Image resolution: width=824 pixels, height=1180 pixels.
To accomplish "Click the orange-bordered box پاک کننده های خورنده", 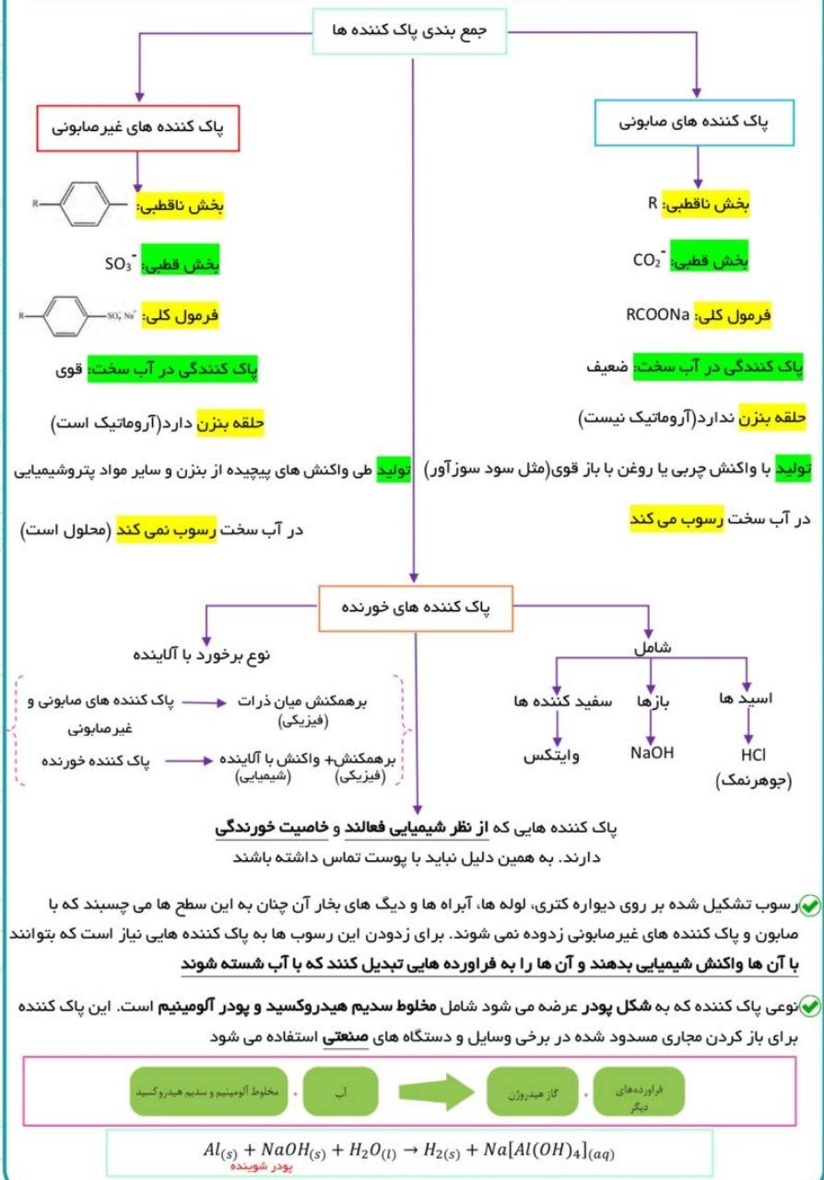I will pyautogui.click(x=416, y=609).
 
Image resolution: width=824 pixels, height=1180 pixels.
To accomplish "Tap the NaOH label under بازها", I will pyautogui.click(x=652, y=753).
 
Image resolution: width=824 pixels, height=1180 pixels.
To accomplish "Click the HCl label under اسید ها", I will pyautogui.click(x=747, y=756).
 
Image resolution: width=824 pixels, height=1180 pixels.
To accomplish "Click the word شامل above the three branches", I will pyautogui.click(x=652, y=647).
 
